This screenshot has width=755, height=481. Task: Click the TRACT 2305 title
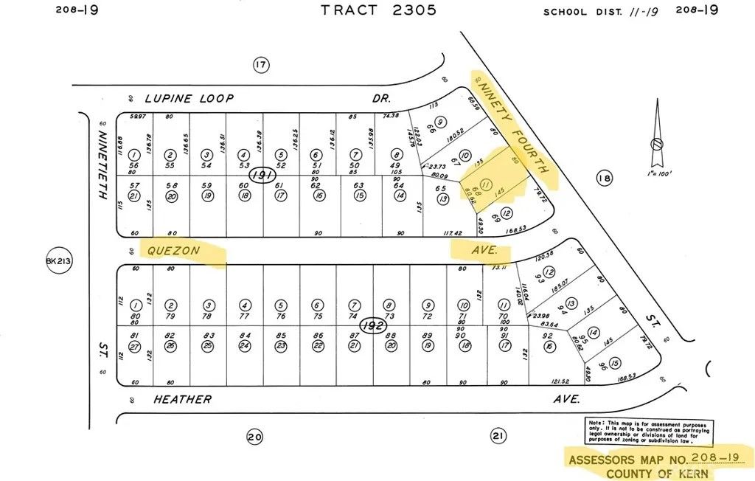378,10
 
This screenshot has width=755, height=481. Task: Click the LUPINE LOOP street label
189,98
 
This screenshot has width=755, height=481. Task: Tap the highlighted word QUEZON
174,251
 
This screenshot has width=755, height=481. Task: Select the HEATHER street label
182,400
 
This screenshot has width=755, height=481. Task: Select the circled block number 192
372,325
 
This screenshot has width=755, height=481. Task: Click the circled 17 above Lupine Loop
260,66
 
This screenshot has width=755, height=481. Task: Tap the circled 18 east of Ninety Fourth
605,178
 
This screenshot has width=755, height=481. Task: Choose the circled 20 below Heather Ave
254,437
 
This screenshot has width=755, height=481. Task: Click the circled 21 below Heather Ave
498,437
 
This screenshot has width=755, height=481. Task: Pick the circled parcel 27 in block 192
135,346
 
